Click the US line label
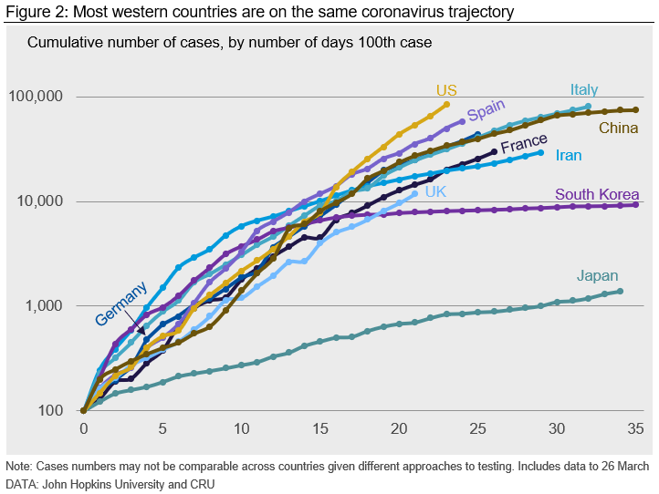pyautogui.click(x=446, y=90)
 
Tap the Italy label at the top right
pyautogui.click(x=584, y=89)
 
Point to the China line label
pyautogui.click(x=618, y=129)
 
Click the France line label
pyautogui.click(x=524, y=144)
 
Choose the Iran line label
pyautogui.click(x=569, y=156)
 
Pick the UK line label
pyautogui.click(x=435, y=191)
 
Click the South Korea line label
pyautogui.click(x=597, y=194)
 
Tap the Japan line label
pyautogui.click(x=597, y=276)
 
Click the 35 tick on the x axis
pyautogui.click(x=636, y=429)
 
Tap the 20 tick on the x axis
pyautogui.click(x=399, y=429)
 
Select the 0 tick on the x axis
pyautogui.click(x=84, y=429)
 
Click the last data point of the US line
pyautogui.click(x=446, y=104)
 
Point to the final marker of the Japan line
pyautogui.click(x=621, y=292)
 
